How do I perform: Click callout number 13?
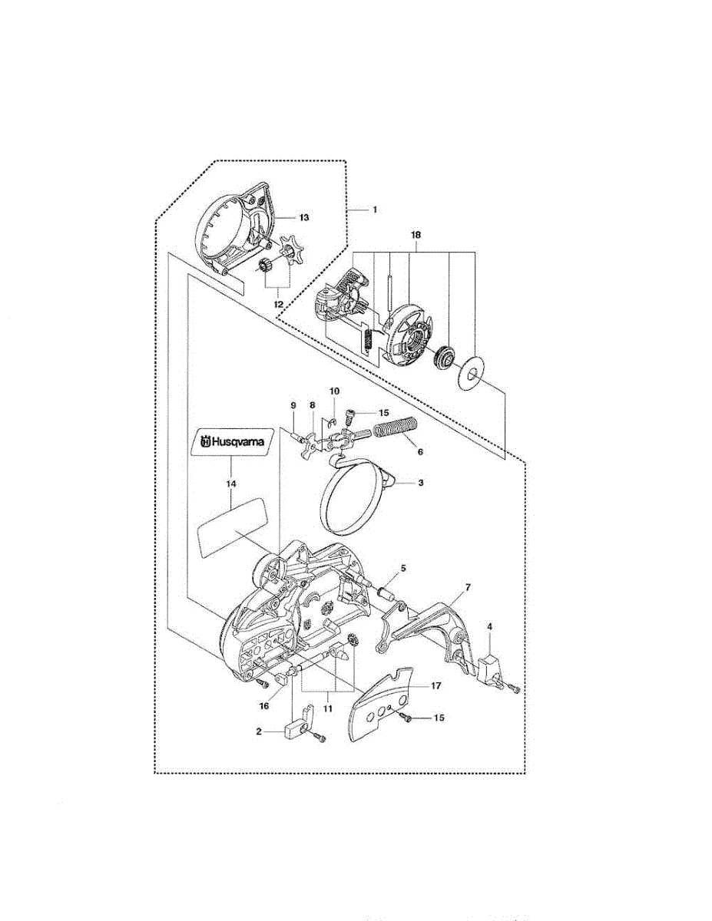coord(304,218)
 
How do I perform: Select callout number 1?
coord(375,209)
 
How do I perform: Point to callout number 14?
coord(231,484)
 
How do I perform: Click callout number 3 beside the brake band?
coord(421,484)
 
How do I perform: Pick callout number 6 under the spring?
coord(420,452)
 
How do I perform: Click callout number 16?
coord(264,704)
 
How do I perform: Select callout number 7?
coord(467,588)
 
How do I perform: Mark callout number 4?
coord(490,626)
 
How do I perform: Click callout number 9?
coord(293,405)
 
